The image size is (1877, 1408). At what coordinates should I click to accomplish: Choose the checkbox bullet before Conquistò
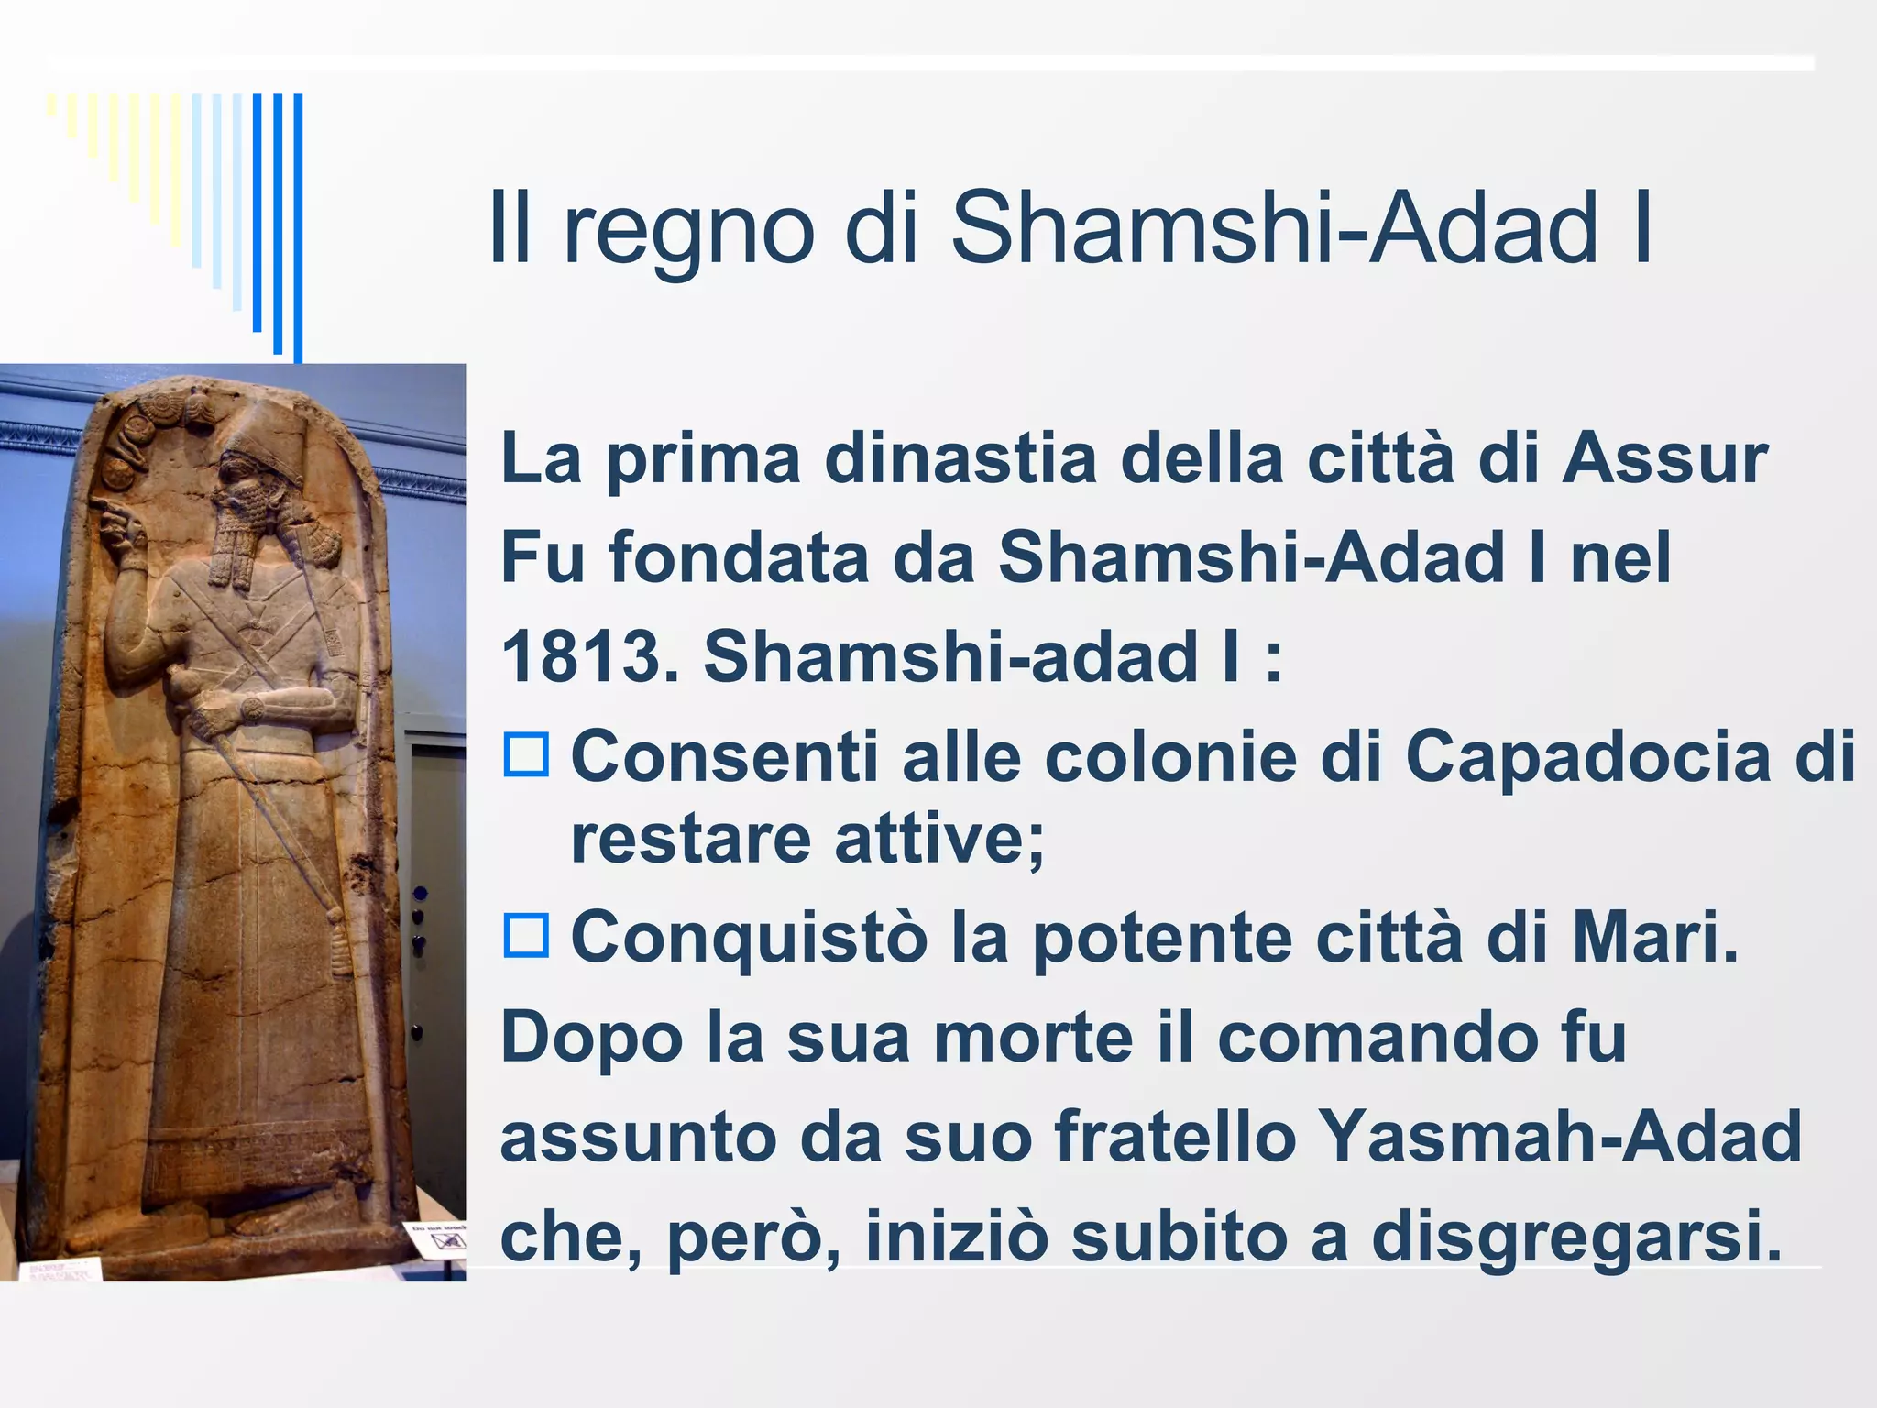(x=526, y=936)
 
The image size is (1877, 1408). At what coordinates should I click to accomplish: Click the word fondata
(x=739, y=557)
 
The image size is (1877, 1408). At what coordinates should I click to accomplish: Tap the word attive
(x=927, y=840)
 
